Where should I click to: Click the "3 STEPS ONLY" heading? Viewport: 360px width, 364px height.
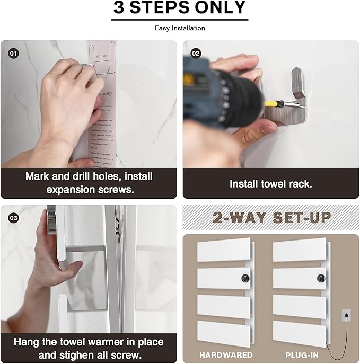click(180, 8)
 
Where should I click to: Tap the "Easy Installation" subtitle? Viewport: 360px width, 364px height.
click(180, 28)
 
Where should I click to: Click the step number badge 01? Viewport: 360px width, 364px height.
click(13, 53)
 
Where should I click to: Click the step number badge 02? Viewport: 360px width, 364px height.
click(196, 53)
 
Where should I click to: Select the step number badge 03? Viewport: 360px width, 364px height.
click(13, 217)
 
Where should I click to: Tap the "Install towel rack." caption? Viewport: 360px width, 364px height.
click(270, 184)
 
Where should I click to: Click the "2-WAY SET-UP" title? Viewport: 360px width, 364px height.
click(271, 217)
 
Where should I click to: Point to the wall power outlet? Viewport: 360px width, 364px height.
click(346, 315)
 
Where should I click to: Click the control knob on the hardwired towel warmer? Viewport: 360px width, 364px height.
click(245, 278)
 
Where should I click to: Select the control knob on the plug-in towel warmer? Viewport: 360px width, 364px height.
click(321, 278)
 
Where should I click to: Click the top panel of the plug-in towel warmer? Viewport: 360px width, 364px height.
click(300, 249)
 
